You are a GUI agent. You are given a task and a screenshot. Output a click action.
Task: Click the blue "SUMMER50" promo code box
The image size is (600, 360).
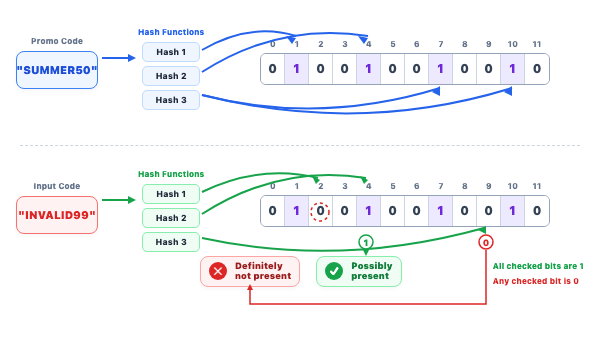[x=57, y=70]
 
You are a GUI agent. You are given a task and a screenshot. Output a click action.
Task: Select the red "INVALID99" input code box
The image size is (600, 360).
[x=57, y=215]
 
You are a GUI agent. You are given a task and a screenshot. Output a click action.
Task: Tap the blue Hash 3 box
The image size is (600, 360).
[x=171, y=100]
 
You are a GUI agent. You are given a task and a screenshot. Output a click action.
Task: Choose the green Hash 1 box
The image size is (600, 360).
[x=171, y=194]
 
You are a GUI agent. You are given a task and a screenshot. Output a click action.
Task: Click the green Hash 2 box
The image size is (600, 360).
[x=171, y=218]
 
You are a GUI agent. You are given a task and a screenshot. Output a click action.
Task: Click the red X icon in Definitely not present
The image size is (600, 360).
[x=218, y=271]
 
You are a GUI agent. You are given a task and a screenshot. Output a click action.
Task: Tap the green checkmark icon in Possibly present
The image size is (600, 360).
[x=334, y=271]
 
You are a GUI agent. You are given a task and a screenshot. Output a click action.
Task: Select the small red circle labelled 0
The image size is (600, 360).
[x=486, y=242]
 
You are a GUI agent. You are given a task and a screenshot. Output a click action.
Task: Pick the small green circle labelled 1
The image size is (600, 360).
[x=366, y=242]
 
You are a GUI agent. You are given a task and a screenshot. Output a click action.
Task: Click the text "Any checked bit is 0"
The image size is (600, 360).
[x=535, y=281]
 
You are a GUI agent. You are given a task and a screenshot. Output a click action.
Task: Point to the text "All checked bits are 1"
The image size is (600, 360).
[x=538, y=266]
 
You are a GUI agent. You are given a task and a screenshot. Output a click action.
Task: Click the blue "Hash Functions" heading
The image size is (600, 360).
[x=171, y=32]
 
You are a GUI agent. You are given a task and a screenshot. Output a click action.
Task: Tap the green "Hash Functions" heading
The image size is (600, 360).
[x=171, y=174]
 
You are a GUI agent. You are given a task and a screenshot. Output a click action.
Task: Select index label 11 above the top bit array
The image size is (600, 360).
[x=537, y=44]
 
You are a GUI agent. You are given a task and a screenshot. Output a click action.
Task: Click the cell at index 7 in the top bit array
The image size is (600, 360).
[x=440, y=69]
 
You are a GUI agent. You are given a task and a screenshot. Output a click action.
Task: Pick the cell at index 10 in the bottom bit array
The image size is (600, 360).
[x=512, y=211]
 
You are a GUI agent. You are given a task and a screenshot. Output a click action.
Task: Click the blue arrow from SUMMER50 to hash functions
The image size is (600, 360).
[x=119, y=58]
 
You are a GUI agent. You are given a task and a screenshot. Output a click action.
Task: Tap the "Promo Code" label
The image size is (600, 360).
[x=57, y=41]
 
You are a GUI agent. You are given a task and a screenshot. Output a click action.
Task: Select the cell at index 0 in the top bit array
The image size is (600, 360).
[x=272, y=69]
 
